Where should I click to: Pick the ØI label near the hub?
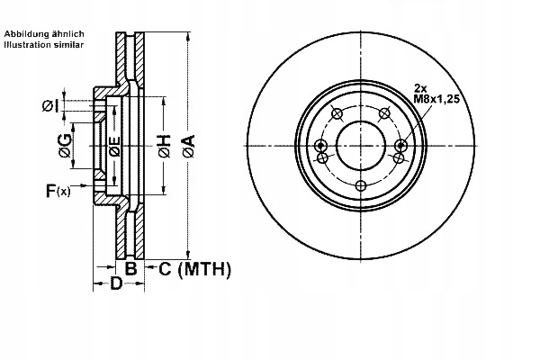tap(50, 105)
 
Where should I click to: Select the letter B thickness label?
tap(131, 268)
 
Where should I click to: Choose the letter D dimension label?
tap(115, 285)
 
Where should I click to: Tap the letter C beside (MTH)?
tap(166, 268)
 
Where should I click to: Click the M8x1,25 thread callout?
tap(436, 99)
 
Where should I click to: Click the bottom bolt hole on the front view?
tap(361, 185)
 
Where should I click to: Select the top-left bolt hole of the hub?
tap(337, 113)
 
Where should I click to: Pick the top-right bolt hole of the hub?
tap(384, 112)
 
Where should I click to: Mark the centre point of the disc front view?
tap(361, 146)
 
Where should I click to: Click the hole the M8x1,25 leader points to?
tap(400, 146)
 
